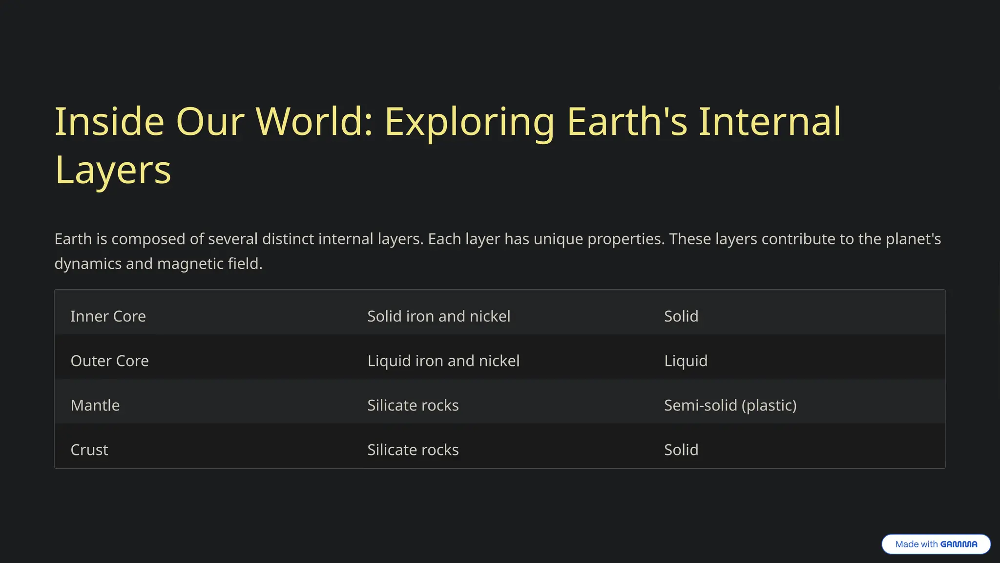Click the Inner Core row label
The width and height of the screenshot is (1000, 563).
108,316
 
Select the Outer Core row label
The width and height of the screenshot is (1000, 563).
109,361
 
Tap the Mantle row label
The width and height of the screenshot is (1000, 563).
95,405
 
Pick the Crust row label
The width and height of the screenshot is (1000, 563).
89,450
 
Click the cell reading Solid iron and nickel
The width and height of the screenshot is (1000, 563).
438,316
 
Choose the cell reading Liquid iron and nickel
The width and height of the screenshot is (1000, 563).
443,361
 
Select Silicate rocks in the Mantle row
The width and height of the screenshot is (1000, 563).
413,405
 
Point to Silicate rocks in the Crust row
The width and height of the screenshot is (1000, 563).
413,450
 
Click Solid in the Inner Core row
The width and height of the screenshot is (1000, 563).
681,316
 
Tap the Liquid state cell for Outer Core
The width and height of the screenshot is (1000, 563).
686,361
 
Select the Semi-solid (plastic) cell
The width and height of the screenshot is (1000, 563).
730,405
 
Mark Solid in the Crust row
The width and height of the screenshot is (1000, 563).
681,450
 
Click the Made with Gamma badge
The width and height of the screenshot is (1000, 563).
936,544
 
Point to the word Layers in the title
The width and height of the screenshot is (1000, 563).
113,171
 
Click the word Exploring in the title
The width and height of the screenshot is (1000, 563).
469,122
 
